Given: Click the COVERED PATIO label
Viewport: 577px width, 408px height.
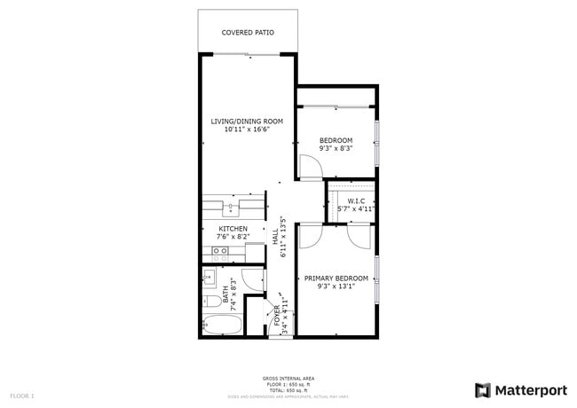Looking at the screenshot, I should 247,33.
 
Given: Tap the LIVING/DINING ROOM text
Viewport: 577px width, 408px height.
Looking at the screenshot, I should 246,121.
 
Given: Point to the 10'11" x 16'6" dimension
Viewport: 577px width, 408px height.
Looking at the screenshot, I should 246,129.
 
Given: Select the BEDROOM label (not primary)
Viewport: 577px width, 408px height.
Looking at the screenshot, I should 336,140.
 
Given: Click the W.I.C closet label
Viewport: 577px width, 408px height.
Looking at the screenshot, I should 356,201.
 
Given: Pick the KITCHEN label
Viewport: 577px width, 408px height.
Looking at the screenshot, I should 233,229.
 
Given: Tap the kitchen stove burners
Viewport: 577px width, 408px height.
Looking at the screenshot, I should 221,252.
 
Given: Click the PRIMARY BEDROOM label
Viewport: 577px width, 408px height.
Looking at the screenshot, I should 336,279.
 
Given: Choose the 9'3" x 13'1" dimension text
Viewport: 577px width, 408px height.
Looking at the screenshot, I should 336,287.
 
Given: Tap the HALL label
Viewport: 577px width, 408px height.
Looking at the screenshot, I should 276,238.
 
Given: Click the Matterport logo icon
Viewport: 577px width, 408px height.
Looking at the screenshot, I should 483,389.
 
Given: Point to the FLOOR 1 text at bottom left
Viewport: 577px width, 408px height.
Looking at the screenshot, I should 21,395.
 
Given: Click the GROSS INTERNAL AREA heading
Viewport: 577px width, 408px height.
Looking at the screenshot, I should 288,378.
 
